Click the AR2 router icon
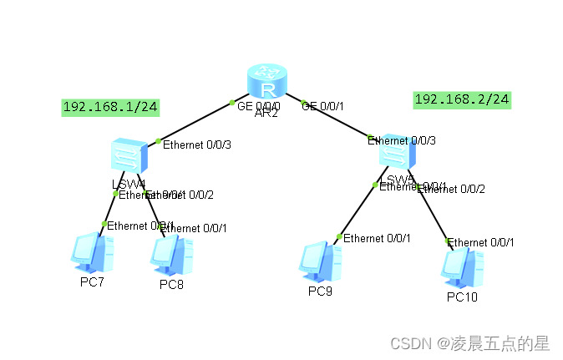tap(267, 84)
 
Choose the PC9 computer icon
tap(321, 261)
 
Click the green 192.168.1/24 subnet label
tap(111, 107)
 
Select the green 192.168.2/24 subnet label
tap(462, 99)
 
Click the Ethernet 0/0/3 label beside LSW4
tap(196, 145)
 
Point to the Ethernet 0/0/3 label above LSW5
tap(402, 140)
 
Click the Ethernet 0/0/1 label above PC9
tap(377, 238)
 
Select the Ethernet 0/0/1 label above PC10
tap(480, 242)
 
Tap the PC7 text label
tap(93, 281)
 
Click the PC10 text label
tap(462, 297)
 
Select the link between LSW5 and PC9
tap(357, 210)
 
